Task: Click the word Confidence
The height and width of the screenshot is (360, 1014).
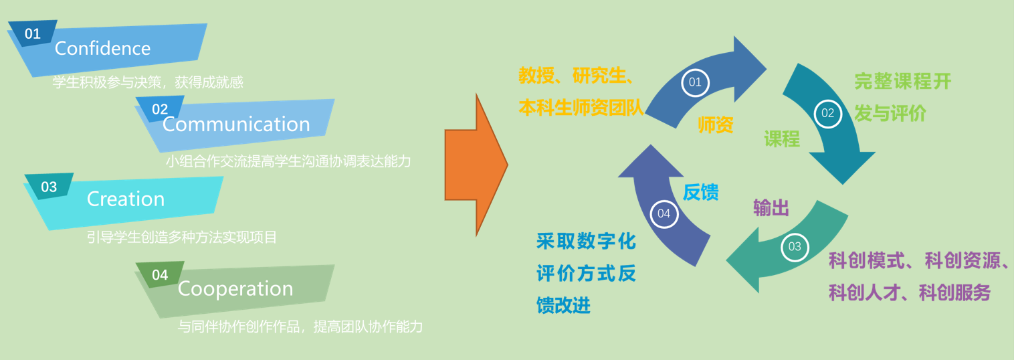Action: click(x=103, y=48)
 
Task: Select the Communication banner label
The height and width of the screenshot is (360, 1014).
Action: click(x=236, y=124)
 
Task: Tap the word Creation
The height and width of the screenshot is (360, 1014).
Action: click(x=126, y=199)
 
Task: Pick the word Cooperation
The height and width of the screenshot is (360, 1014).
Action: click(x=235, y=289)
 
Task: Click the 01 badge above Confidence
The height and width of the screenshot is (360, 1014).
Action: click(x=33, y=33)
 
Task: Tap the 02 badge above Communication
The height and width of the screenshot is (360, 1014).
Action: click(x=160, y=109)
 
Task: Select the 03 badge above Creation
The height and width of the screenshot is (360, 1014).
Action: click(x=49, y=187)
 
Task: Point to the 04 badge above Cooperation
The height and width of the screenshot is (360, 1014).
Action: click(x=160, y=275)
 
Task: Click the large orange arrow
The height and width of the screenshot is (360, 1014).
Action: click(x=476, y=165)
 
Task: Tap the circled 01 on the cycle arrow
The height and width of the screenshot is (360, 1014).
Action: click(x=696, y=82)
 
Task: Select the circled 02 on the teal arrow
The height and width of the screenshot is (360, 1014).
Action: click(x=828, y=113)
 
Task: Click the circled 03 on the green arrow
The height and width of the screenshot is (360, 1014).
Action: click(x=795, y=247)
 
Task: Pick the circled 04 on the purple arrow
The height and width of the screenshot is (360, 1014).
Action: click(x=664, y=213)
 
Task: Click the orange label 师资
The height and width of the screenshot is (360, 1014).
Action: click(x=716, y=124)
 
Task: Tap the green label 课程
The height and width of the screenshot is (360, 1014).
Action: click(x=782, y=139)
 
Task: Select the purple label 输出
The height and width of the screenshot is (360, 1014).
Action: click(x=771, y=208)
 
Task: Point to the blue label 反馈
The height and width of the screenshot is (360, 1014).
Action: click(x=701, y=192)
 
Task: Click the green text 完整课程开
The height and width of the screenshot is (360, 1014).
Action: click(x=903, y=82)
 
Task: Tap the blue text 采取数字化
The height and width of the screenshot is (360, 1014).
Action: click(x=586, y=242)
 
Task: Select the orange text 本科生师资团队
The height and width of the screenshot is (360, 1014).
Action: click(x=581, y=108)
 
